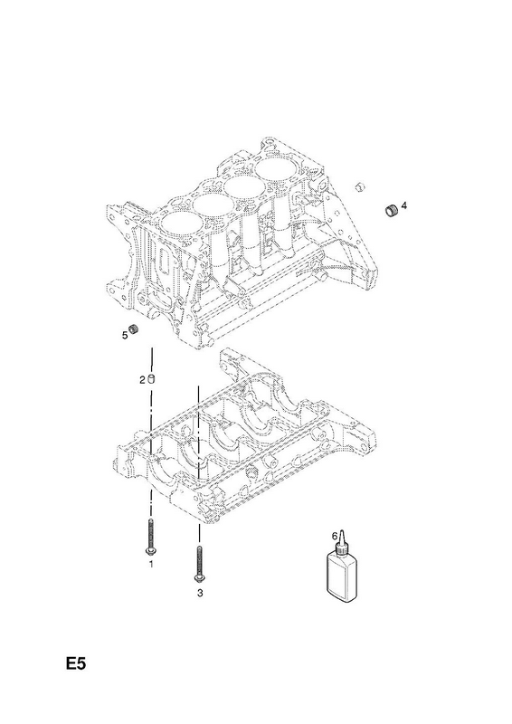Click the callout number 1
click(x=150, y=564)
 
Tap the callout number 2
click(x=142, y=380)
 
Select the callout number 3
click(x=200, y=594)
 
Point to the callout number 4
click(x=404, y=205)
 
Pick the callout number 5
click(x=125, y=336)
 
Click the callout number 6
click(x=335, y=536)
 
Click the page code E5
click(x=76, y=664)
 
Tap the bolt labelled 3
click(x=199, y=564)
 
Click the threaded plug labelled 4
click(x=392, y=210)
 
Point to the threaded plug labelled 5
click(x=135, y=329)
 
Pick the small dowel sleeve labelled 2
click(x=151, y=380)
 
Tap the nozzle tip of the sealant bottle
click(x=342, y=531)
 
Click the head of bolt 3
click(x=200, y=578)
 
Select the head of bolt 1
click(x=150, y=551)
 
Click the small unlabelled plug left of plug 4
click(x=360, y=186)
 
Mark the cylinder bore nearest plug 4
click(x=276, y=172)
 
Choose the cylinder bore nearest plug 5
click(x=181, y=225)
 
